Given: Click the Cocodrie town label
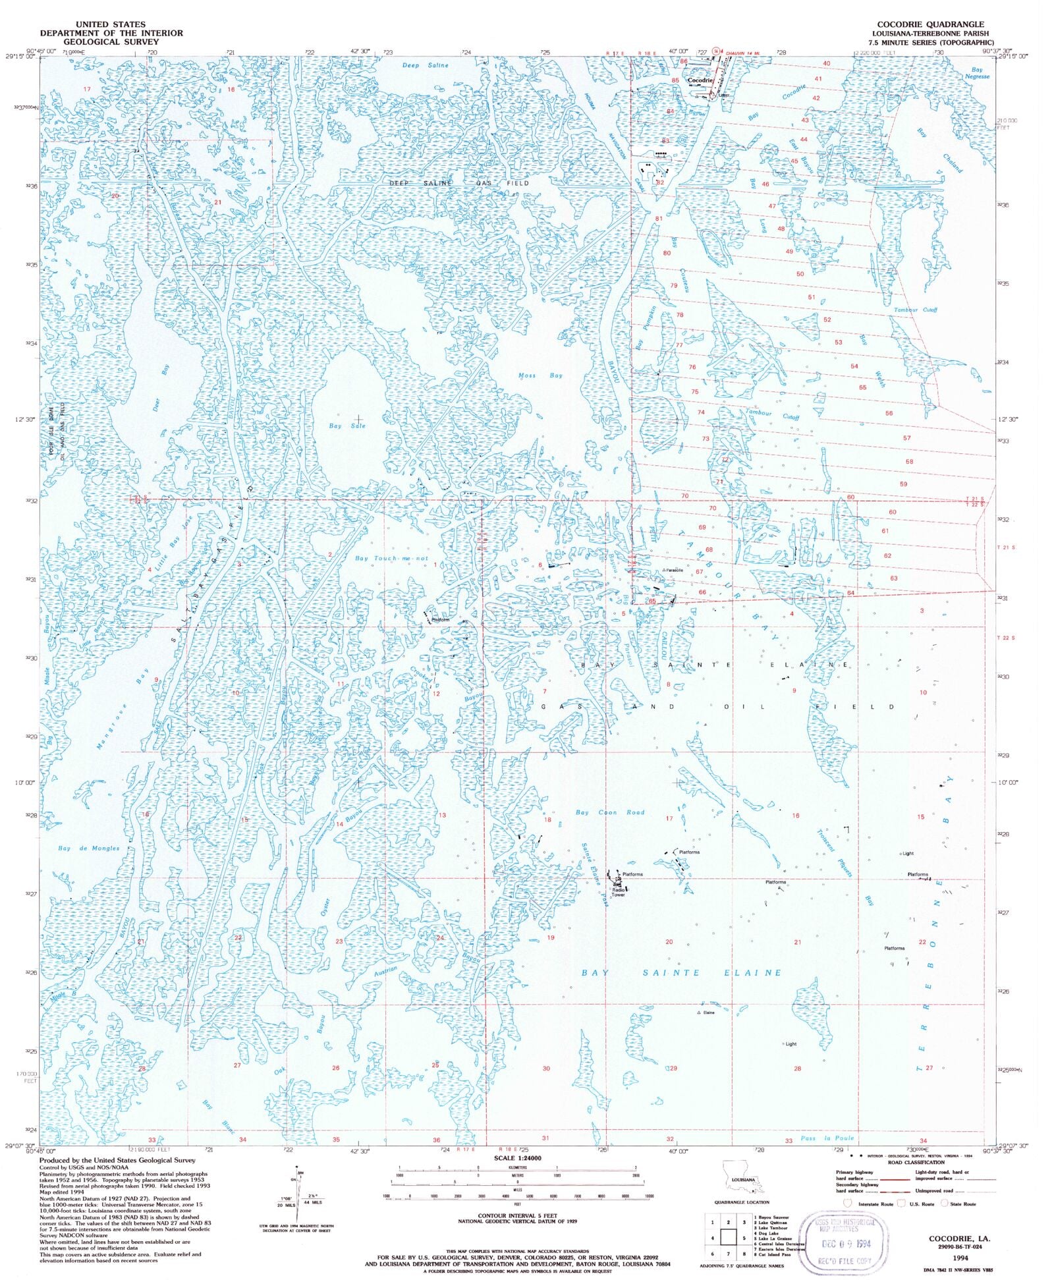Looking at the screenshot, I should coord(700,80).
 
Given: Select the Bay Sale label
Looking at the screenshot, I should coord(347,426).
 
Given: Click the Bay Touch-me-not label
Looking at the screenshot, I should coord(391,558).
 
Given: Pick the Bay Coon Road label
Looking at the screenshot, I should coord(609,812).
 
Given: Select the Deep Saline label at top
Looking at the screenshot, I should coord(425,65).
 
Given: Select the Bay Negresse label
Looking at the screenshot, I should coord(977,73).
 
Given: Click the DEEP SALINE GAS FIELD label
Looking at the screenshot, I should coord(458,183).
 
